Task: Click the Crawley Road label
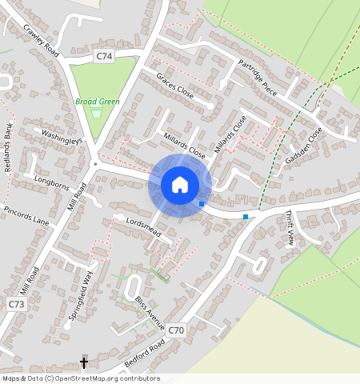[x=42, y=41]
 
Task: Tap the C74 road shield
[x=104, y=56]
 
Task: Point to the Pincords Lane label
[x=26, y=215]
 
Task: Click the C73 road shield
[x=17, y=305]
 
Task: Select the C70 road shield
[x=177, y=330]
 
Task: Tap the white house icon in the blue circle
[x=180, y=185]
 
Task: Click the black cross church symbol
[x=84, y=363]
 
